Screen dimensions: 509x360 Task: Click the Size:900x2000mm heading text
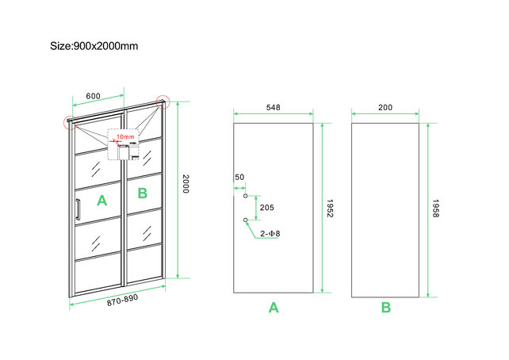pyautogui.click(x=94, y=45)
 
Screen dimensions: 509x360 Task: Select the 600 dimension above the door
pyautogui.click(x=93, y=96)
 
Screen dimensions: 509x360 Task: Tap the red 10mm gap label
pyautogui.click(x=124, y=137)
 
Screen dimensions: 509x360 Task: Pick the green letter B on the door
pyautogui.click(x=142, y=193)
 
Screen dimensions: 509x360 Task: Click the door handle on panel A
pyautogui.click(x=78, y=213)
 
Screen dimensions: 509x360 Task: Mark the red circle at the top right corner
pyautogui.click(x=163, y=101)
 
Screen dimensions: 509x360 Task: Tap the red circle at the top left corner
pyautogui.click(x=68, y=122)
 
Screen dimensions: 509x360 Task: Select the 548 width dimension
pyautogui.click(x=273, y=107)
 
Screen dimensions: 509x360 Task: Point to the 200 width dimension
pyautogui.click(x=385, y=107)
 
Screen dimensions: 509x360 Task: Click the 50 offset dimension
pyautogui.click(x=239, y=178)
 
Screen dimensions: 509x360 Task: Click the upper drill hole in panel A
pyautogui.click(x=246, y=195)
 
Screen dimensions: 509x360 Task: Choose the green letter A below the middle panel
pyautogui.click(x=274, y=308)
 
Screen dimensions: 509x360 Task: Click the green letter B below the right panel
pyautogui.click(x=385, y=308)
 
